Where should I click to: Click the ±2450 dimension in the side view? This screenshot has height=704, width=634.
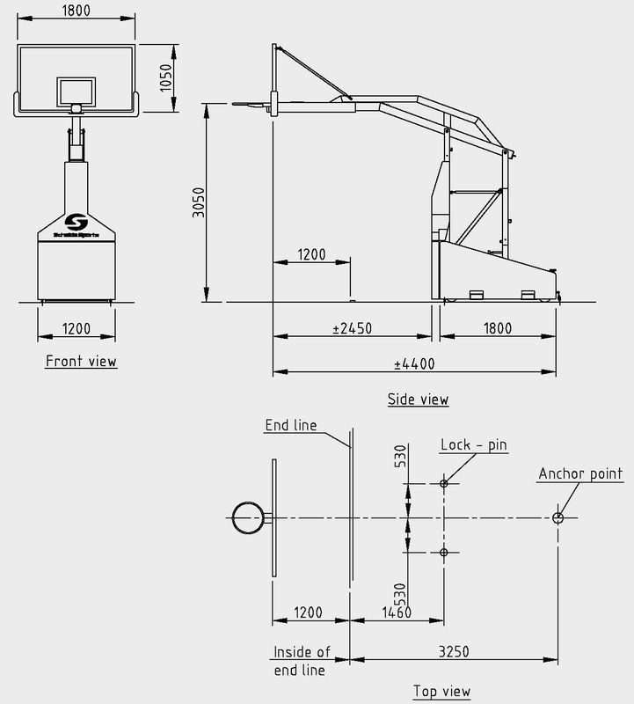pyautogui.click(x=352, y=328)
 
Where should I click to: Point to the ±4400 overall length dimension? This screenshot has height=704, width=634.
pyautogui.click(x=414, y=363)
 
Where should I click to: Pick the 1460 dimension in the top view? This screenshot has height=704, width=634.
pyautogui.click(x=397, y=612)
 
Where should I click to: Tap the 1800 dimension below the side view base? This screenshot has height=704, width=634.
pyautogui.click(x=497, y=328)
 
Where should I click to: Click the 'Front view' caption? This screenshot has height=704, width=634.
pyautogui.click(x=81, y=361)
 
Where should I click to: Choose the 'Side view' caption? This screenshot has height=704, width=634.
pyautogui.click(x=418, y=399)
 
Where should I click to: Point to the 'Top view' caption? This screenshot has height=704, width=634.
pyautogui.click(x=441, y=691)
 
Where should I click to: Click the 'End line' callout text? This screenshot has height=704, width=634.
pyautogui.click(x=290, y=426)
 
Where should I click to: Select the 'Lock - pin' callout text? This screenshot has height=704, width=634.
pyautogui.click(x=473, y=444)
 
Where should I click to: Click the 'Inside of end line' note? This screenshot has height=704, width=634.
pyautogui.click(x=302, y=661)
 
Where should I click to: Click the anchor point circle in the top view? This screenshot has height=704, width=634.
pyautogui.click(x=557, y=517)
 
